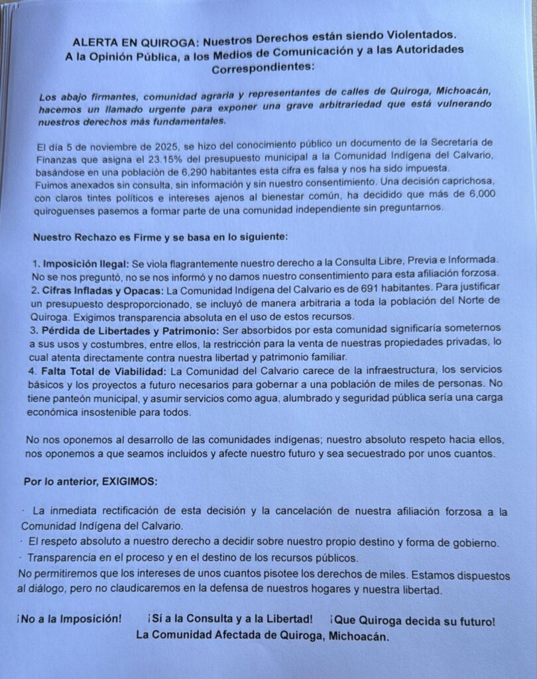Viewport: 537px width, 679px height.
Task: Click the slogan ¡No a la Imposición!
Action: coord(70,619)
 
